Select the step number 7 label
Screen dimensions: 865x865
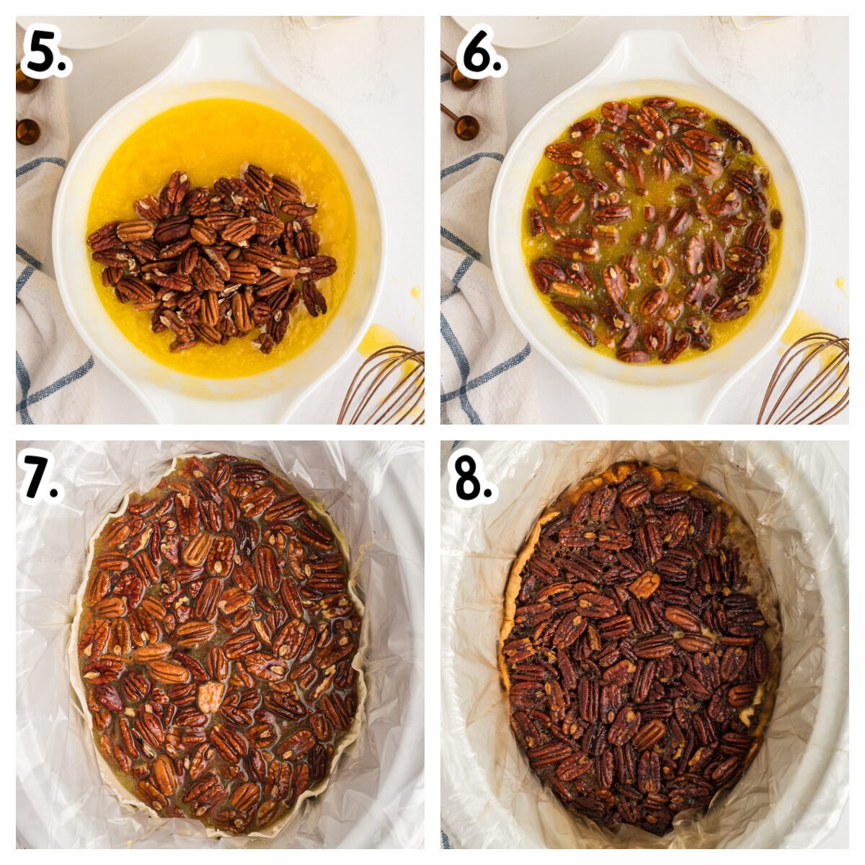(41, 476)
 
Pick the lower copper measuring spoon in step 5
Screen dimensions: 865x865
(28, 131)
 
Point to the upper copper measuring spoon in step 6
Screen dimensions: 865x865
(462, 74)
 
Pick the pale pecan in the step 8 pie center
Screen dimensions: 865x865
(644, 585)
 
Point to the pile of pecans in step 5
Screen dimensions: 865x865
(211, 258)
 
